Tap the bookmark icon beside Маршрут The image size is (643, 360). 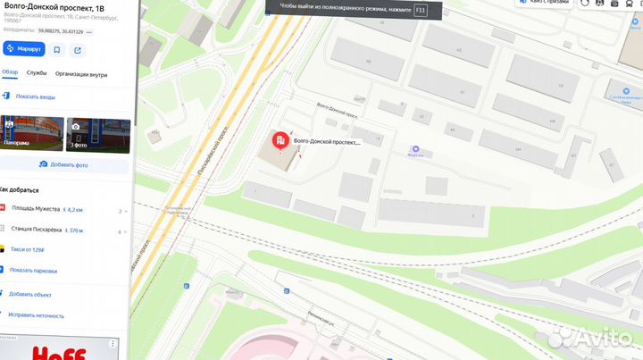tap(57, 50)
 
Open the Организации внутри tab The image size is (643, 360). tap(81, 74)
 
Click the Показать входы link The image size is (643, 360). tap(34, 96)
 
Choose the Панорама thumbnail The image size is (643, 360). tap(31, 134)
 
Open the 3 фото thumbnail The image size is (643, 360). tap(98, 134)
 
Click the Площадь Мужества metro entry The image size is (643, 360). tap(36, 208)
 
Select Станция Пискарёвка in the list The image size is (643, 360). tap(36, 230)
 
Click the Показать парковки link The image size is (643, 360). tap(33, 271)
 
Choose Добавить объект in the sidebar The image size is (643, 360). tap(31, 294)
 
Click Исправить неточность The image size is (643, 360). tap(36, 315)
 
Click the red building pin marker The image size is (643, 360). tap(280, 140)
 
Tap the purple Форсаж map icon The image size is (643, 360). tap(414, 150)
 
